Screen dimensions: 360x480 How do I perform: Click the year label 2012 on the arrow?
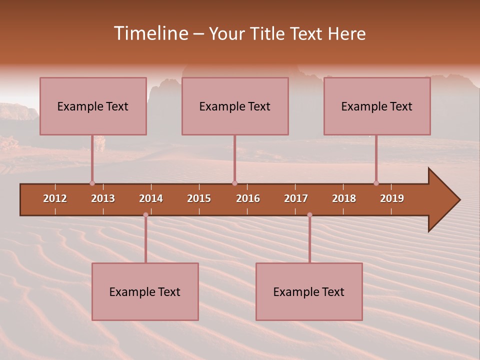coord(55,198)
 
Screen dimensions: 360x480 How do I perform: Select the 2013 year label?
coord(103,198)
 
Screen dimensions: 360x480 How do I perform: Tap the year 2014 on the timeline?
coord(151,198)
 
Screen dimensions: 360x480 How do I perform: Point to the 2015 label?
coord(199,198)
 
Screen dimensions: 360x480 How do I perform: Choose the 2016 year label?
coord(248,198)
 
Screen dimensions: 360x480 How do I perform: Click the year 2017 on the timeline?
coord(296,198)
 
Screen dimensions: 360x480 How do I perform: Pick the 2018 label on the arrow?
coord(344,198)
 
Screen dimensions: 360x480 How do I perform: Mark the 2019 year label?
coord(392,198)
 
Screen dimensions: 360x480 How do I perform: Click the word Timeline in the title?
coord(150,33)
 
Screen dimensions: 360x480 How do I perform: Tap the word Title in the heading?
coord(269,33)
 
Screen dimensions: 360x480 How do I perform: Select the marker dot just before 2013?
coord(92,183)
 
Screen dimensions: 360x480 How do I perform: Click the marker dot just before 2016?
coord(234,183)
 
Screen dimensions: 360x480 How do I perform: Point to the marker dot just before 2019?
coord(376,183)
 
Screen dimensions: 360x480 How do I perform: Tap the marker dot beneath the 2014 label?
coord(145,215)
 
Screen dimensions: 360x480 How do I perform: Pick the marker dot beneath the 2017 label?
coord(309,215)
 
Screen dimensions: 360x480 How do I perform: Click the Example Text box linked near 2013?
coord(93,106)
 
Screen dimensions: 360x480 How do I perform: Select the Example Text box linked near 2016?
coord(235,106)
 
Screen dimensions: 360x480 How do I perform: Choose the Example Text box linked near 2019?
coord(377,106)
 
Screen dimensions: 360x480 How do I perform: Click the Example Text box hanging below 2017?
coord(309,291)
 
